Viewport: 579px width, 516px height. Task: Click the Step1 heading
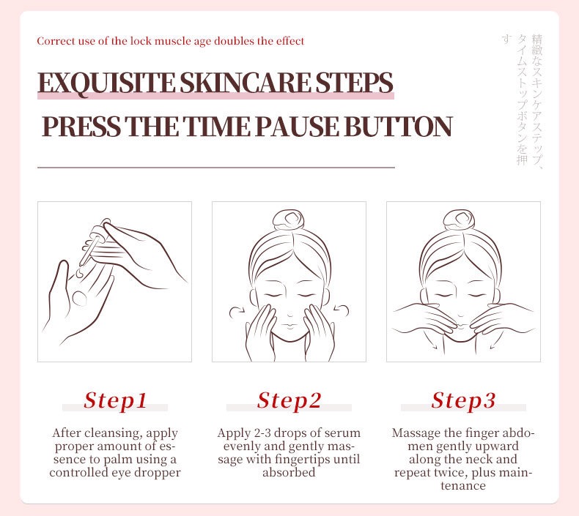tap(115, 401)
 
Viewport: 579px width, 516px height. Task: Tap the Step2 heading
tap(289, 401)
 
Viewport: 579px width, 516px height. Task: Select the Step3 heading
tap(463, 401)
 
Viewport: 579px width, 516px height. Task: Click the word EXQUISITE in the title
tap(107, 83)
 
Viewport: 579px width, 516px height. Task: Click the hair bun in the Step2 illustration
tap(289, 220)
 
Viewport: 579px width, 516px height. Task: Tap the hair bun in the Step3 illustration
tap(460, 220)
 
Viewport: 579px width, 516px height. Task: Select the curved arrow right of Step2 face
tap(342, 310)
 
